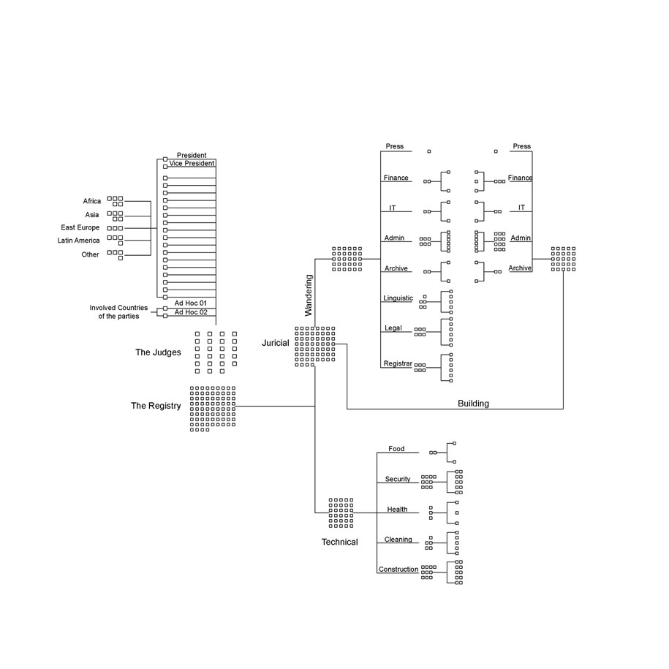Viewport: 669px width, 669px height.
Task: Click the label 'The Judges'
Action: [158, 352]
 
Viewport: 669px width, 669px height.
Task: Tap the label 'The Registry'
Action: [156, 406]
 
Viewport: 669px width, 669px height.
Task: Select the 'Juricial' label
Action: [275, 343]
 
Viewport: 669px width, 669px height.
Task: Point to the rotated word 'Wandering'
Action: [309, 295]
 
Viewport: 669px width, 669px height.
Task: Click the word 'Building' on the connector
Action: [473, 404]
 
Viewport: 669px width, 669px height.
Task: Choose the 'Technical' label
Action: [340, 542]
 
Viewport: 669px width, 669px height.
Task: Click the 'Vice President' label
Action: [192, 163]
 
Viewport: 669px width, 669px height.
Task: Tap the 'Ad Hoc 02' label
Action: [191, 312]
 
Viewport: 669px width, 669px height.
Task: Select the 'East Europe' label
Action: [80, 228]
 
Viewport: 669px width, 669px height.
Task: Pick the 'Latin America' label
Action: [78, 241]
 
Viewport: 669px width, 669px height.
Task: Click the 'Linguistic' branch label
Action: [398, 298]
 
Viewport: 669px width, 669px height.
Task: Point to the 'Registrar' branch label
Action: [398, 363]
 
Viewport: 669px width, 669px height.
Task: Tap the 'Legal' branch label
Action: [393, 328]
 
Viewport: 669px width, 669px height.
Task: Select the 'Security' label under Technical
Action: [398, 479]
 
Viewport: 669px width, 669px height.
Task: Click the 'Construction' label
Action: [398, 569]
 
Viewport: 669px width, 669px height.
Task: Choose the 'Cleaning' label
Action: [398, 540]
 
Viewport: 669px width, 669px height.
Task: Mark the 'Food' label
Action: [396, 449]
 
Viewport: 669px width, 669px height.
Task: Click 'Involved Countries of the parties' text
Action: [118, 312]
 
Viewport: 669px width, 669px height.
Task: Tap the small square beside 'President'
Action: [165, 159]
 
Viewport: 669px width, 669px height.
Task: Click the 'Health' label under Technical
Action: [397, 510]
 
